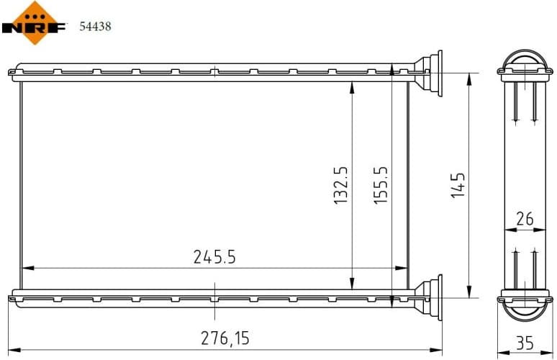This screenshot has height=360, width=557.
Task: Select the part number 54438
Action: [x=94, y=27]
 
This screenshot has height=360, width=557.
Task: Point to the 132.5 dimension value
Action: [x=340, y=185]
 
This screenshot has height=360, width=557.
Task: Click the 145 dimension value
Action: [x=458, y=185]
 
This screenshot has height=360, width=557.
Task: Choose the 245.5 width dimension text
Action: [x=214, y=256]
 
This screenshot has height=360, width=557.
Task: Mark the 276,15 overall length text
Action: [x=226, y=338]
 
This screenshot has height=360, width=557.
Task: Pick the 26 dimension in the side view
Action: [x=525, y=219]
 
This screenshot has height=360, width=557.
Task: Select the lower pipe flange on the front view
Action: [x=433, y=297]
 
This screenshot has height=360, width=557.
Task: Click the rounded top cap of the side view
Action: [x=525, y=60]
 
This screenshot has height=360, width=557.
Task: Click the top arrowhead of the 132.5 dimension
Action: [x=351, y=86]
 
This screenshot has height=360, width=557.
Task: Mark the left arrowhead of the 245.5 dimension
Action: [x=26, y=268]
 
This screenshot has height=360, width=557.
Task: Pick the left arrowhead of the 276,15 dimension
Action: [x=11, y=351]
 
